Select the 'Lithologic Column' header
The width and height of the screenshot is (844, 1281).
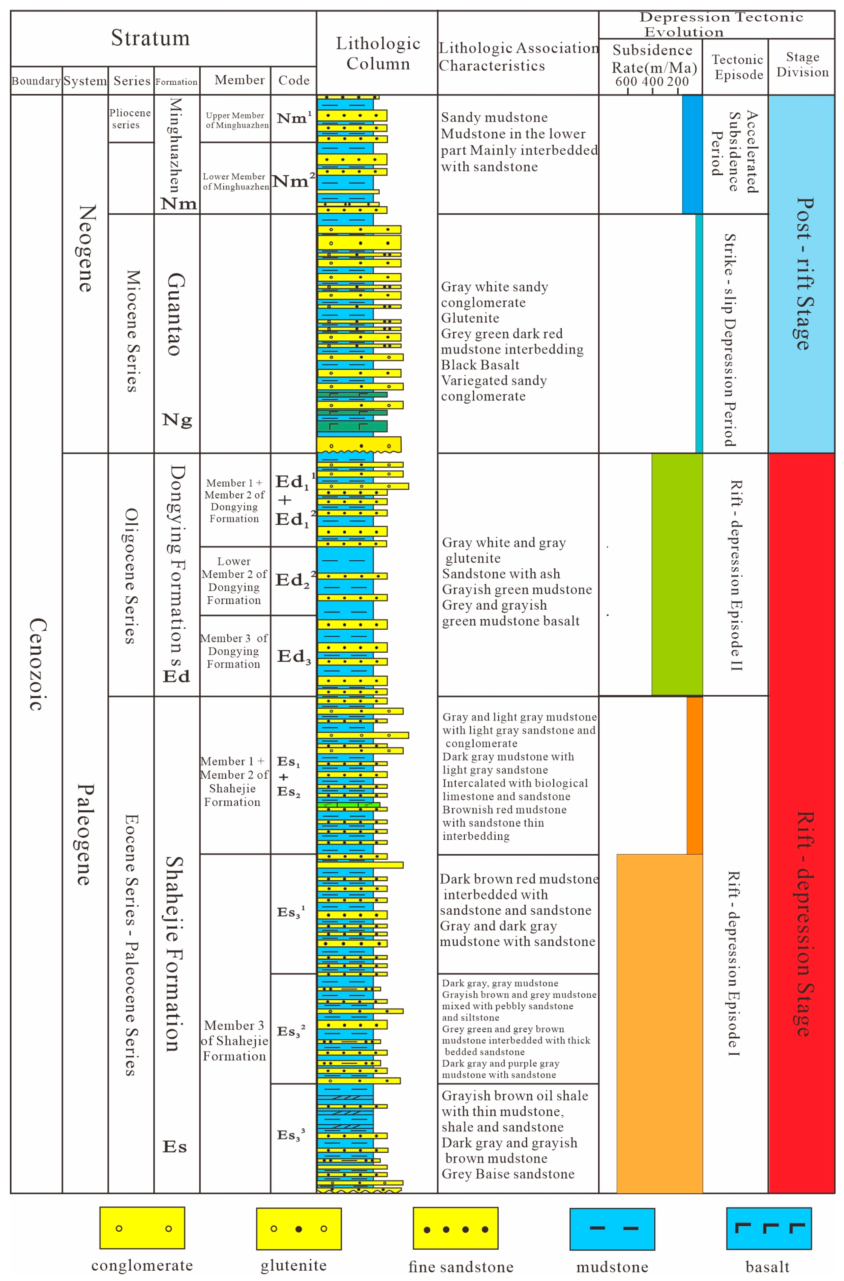click(x=378, y=53)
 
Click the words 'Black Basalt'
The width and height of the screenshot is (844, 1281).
click(x=480, y=365)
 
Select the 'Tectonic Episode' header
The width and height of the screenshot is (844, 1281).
click(x=737, y=67)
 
